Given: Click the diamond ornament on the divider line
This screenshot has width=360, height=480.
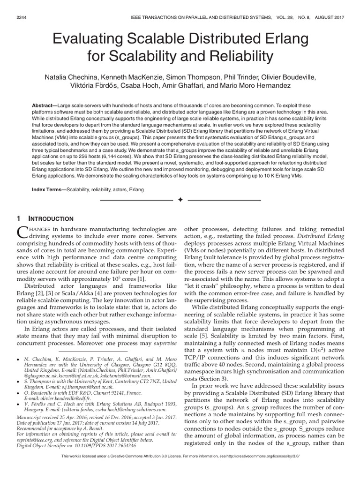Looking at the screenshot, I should click(180, 200).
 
